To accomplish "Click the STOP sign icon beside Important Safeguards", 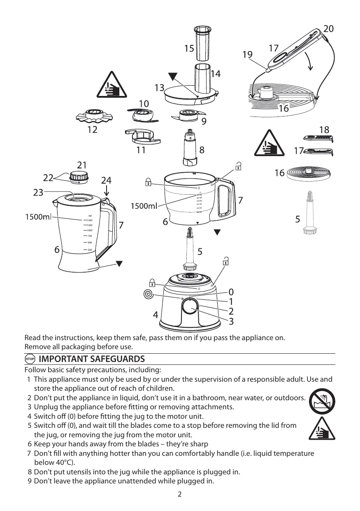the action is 30,359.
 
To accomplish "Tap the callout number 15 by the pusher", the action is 189,49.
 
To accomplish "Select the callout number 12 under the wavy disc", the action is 93,130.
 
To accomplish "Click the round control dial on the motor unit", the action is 190,307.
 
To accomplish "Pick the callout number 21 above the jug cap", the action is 82,165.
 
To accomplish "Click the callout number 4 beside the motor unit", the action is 156,315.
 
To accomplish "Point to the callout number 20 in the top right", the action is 328,29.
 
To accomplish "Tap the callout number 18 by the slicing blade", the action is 324,130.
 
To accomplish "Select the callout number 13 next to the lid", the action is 159,88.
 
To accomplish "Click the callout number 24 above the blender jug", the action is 107,180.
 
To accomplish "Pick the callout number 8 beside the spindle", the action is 201,150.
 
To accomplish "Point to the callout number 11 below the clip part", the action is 141,150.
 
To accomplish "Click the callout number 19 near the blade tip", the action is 248,55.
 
